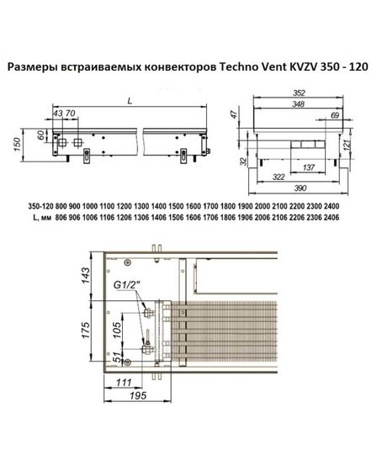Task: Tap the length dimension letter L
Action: click(x=129, y=100)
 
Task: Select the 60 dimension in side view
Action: click(x=39, y=136)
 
